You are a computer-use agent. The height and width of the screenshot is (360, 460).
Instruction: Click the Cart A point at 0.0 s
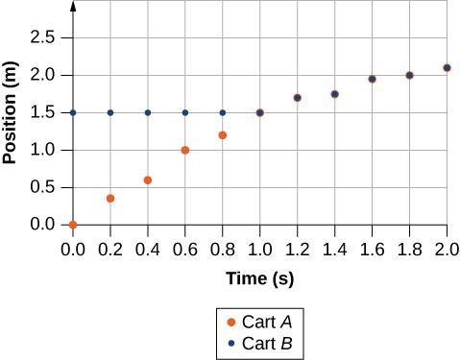pos(73,225)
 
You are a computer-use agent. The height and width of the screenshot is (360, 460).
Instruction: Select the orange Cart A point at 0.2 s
pos(110,199)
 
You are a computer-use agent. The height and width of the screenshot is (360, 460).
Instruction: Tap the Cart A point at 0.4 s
pos(148,180)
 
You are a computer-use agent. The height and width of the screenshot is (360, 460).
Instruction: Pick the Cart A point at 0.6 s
pos(185,150)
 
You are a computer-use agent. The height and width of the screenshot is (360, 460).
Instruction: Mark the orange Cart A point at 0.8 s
pos(223,134)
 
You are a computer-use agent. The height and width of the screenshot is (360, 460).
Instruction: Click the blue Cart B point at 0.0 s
pos(73,112)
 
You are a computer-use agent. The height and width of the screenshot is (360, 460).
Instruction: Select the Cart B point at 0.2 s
pos(110,112)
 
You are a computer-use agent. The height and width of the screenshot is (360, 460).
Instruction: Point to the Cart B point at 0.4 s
pos(148,112)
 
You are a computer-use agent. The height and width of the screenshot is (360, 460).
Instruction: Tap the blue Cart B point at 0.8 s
pos(223,112)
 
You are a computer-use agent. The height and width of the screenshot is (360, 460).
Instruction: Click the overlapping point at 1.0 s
pos(259,112)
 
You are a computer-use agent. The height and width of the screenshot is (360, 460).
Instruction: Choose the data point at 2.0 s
pos(447,67)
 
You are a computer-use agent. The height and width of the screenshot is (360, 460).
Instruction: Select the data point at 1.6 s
pos(372,79)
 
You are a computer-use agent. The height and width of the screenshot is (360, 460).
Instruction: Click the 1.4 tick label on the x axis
pos(334,248)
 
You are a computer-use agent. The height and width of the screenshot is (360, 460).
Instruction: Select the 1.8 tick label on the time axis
pos(409,248)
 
